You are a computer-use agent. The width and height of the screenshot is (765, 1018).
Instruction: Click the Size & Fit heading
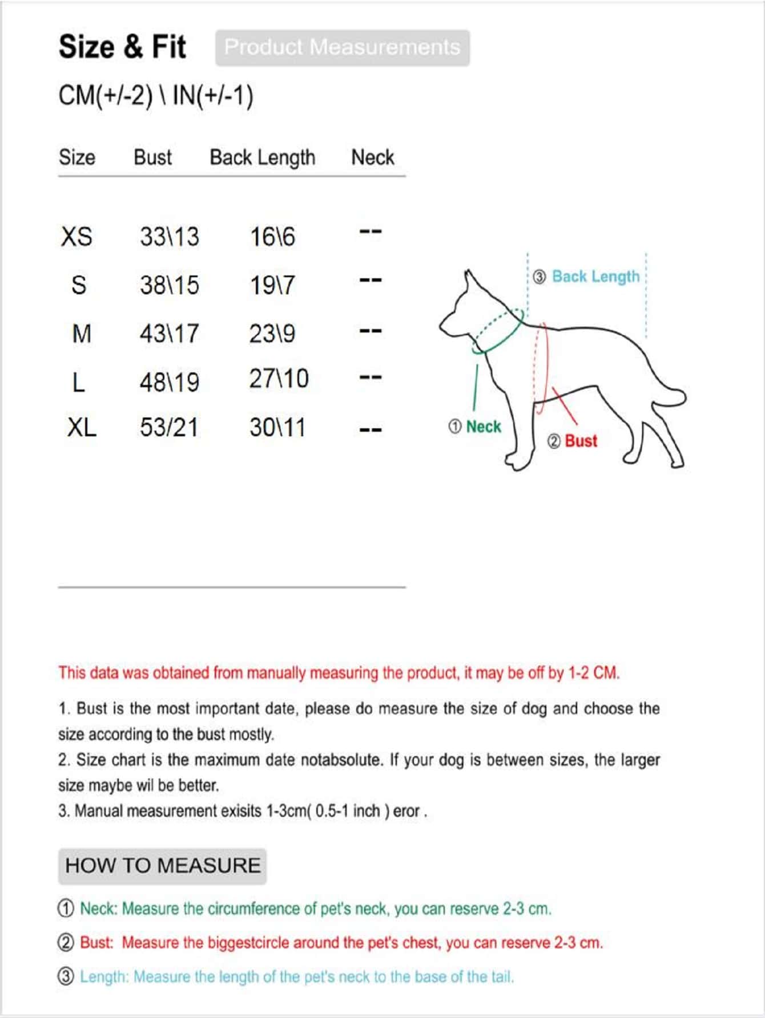click(x=122, y=47)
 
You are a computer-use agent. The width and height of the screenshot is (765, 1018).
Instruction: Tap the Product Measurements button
click(x=343, y=48)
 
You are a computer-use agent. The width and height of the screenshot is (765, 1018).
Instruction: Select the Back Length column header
click(x=262, y=157)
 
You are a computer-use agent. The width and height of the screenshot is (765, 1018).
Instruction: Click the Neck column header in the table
click(x=372, y=157)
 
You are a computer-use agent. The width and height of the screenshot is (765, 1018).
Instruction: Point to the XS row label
click(x=76, y=236)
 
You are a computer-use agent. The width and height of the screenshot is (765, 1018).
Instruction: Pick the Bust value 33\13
click(x=170, y=236)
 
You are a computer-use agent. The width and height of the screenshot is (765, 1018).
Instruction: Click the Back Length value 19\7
click(x=272, y=285)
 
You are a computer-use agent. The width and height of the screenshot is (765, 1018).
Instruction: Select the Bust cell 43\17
click(x=170, y=333)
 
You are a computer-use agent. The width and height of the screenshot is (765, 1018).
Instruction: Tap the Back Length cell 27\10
click(x=279, y=378)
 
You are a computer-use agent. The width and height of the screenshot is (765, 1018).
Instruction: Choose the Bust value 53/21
click(x=169, y=427)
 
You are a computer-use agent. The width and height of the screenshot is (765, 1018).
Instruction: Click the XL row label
click(x=82, y=427)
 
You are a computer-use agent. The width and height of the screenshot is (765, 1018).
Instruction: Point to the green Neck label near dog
click(x=483, y=427)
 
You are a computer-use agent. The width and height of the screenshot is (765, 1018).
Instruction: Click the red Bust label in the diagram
click(x=581, y=441)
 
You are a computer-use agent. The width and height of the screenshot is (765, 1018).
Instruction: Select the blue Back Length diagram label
click(x=595, y=277)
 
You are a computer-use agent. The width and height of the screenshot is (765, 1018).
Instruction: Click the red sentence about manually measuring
click(x=339, y=673)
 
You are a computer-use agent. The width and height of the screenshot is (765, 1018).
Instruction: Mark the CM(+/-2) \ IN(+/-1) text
click(x=156, y=95)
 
